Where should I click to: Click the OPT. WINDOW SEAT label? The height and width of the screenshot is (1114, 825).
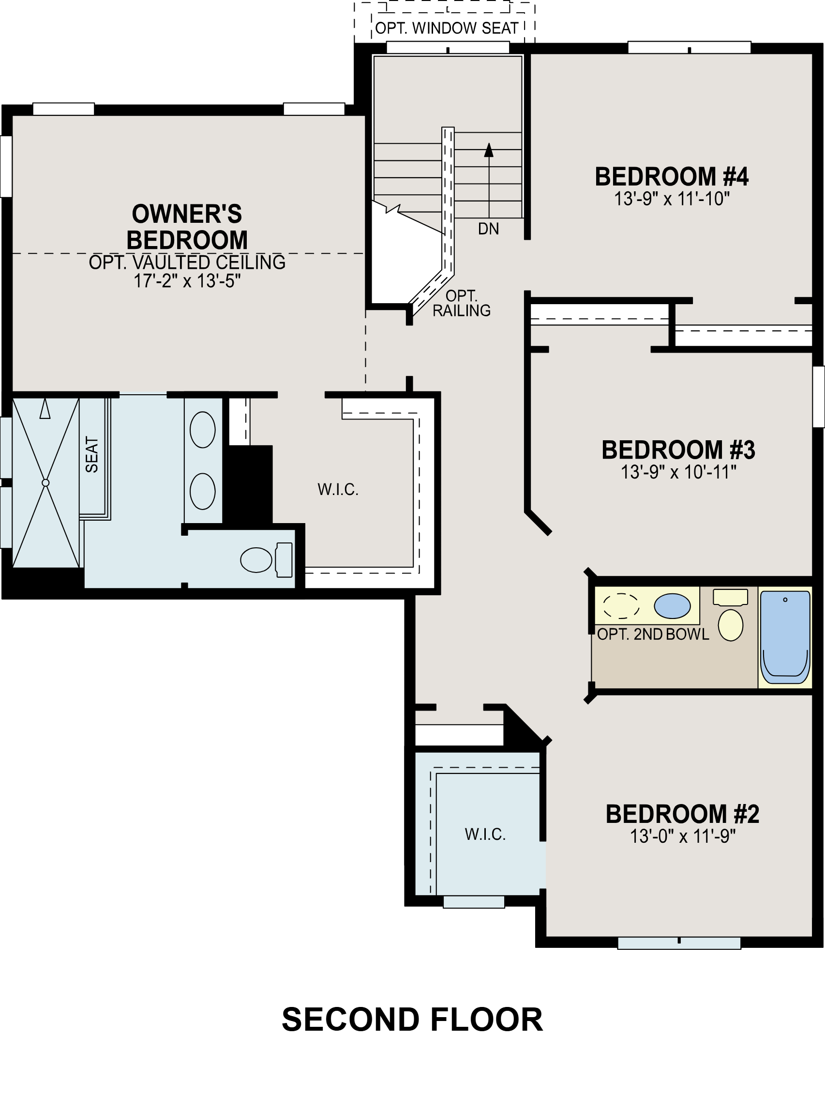click(447, 29)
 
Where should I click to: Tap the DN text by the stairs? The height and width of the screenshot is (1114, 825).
click(488, 229)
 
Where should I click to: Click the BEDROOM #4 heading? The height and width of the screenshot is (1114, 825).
click(672, 177)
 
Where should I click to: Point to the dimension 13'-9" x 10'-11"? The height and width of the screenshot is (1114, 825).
click(678, 472)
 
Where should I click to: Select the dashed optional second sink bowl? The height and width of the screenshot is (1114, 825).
click(621, 606)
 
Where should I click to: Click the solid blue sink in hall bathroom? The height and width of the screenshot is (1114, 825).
click(672, 606)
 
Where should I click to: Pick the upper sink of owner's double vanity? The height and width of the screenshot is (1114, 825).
click(203, 429)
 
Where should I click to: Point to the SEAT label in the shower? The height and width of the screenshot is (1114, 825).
click(92, 454)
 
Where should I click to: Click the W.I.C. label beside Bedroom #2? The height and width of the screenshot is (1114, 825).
click(485, 834)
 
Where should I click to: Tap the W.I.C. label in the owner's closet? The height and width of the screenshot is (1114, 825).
click(338, 490)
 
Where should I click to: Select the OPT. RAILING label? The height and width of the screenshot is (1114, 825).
click(462, 303)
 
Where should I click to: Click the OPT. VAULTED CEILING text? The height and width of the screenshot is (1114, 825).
click(187, 263)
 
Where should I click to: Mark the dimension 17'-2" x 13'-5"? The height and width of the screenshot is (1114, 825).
click(187, 281)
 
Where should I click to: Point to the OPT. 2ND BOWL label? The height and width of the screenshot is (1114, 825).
click(653, 634)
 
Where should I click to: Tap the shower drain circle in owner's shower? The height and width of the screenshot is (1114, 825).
click(45, 482)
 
